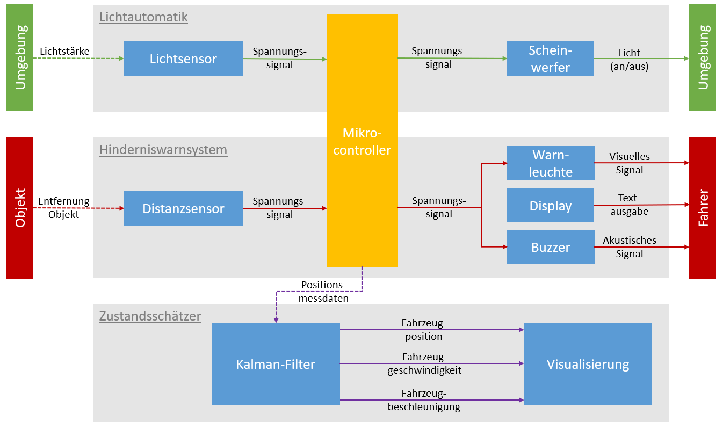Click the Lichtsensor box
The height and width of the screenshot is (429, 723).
[x=183, y=59]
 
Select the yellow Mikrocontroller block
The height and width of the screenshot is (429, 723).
[x=362, y=141]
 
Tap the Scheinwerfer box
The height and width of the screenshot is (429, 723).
[x=550, y=59]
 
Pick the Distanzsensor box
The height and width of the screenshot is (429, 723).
[x=183, y=208]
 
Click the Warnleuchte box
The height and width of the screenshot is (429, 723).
[x=551, y=163]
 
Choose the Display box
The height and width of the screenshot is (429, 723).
[x=551, y=206]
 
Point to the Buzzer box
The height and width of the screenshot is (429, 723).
[x=551, y=247]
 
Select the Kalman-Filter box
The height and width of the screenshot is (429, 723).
[x=276, y=364]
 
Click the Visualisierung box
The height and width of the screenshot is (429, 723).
[x=588, y=364]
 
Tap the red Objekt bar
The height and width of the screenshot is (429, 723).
[x=19, y=208]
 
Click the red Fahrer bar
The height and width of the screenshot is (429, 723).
[x=703, y=208]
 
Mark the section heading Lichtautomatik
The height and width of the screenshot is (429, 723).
[x=143, y=17]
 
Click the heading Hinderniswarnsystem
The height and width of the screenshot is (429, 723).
[x=163, y=150]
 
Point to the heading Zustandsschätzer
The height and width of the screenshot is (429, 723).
[x=150, y=316]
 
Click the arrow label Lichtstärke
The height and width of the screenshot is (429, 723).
[x=64, y=52]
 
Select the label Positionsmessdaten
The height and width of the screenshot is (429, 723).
[x=324, y=292]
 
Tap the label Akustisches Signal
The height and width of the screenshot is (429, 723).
[x=630, y=247]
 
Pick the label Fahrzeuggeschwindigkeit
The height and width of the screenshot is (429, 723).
[x=424, y=363]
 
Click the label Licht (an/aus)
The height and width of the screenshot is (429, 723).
[x=630, y=60]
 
